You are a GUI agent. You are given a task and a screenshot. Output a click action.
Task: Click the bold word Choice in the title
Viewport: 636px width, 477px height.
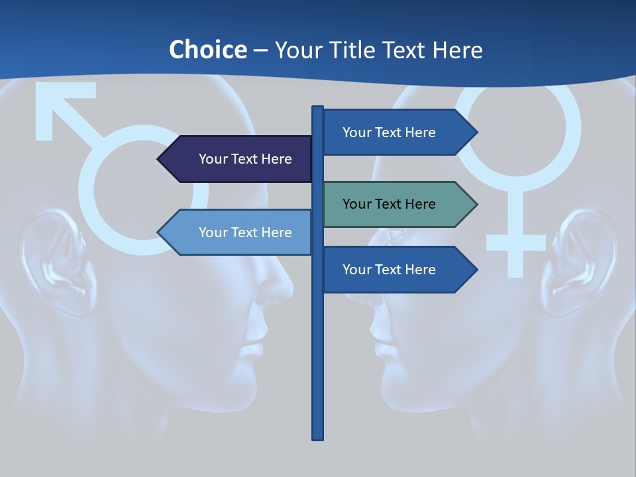[x=207, y=50]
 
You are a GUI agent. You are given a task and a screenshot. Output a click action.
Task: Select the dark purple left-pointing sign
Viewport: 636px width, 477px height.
[x=238, y=159]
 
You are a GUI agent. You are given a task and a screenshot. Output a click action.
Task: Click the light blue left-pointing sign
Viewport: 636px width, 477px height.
[x=238, y=233]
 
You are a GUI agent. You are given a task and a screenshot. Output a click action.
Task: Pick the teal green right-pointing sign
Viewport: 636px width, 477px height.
[x=394, y=204]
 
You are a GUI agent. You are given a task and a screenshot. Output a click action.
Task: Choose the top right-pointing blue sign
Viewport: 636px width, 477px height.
[x=394, y=132]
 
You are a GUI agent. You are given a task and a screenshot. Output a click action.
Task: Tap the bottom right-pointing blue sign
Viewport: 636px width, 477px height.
[x=394, y=270]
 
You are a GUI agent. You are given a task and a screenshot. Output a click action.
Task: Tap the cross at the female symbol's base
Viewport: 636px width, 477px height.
[x=515, y=242]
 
